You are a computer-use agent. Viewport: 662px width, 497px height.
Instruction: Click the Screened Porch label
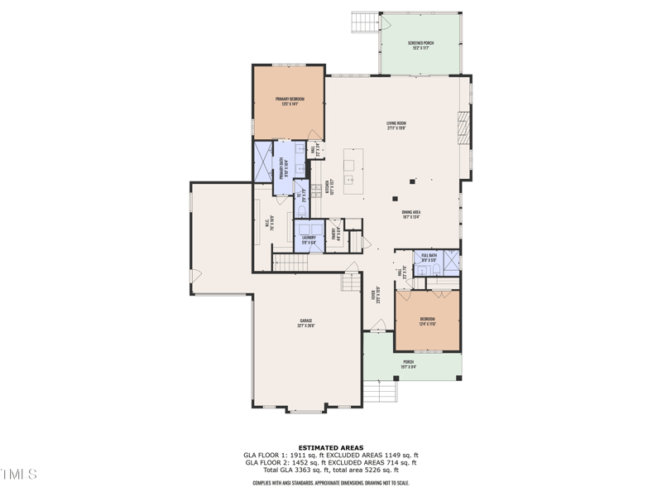tap(420, 46)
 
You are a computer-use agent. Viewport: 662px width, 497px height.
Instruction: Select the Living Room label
tap(396, 126)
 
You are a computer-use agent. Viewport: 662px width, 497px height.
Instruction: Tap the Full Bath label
tap(429, 258)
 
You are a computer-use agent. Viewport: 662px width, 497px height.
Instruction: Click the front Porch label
tap(408, 364)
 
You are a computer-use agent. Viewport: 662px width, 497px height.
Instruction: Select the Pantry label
tap(336, 234)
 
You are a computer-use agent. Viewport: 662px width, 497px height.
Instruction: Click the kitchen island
tap(354, 172)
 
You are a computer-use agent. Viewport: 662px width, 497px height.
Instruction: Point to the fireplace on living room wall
tap(463, 129)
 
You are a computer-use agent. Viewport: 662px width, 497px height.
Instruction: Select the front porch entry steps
tap(382, 391)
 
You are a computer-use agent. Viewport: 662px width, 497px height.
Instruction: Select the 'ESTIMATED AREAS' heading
tap(330, 447)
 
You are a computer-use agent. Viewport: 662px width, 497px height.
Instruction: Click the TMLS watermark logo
tap(18, 475)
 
